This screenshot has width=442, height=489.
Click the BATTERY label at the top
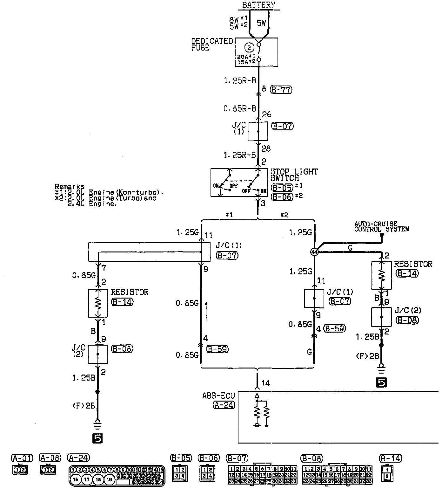coord(259,5)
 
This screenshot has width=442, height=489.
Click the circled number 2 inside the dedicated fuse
coord(249,48)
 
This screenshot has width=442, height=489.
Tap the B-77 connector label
coord(281,90)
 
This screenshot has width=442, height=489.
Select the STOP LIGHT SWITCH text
coord(294,175)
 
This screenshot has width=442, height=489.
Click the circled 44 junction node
coord(314,252)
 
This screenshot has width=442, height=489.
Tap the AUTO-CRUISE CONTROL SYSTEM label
coord(382,227)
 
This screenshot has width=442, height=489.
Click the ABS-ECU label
coord(218,396)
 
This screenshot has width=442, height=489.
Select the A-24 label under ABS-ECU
coord(224,405)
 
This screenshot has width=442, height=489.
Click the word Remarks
coord(70,187)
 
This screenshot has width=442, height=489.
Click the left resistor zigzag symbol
coord(98,303)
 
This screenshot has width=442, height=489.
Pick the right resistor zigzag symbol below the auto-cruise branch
coord(381,275)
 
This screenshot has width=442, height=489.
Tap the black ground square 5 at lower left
coord(98,438)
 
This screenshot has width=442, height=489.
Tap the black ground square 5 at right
coord(381,382)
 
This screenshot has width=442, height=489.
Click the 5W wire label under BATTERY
coord(261,23)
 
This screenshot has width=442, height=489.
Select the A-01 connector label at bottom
coord(22,458)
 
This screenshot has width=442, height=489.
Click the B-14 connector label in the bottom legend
coord(391,458)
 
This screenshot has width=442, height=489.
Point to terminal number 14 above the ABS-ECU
coord(265,384)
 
